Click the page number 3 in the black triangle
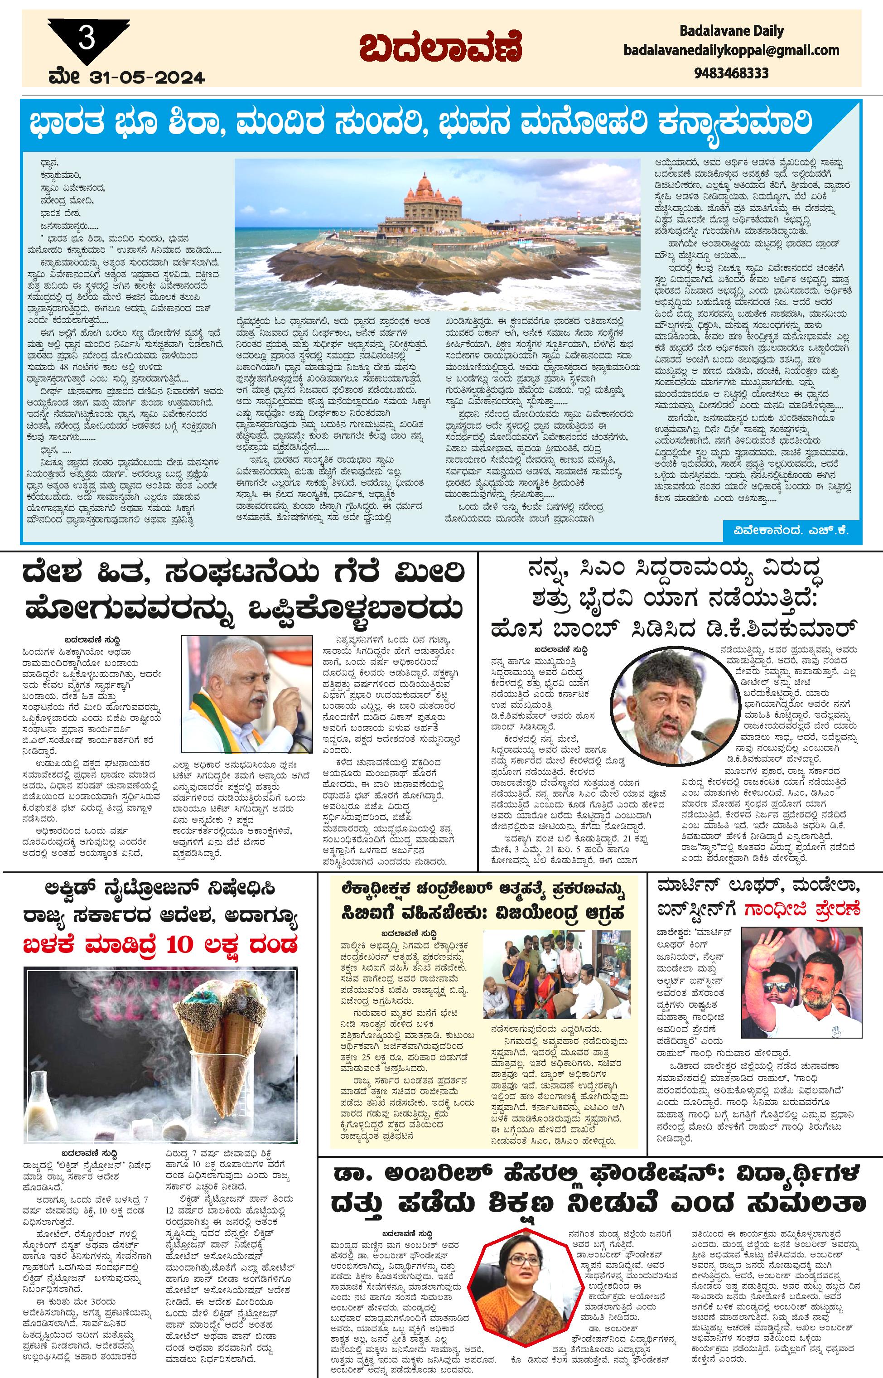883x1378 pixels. [x=87, y=39]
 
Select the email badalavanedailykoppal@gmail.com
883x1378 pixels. [x=731, y=50]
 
